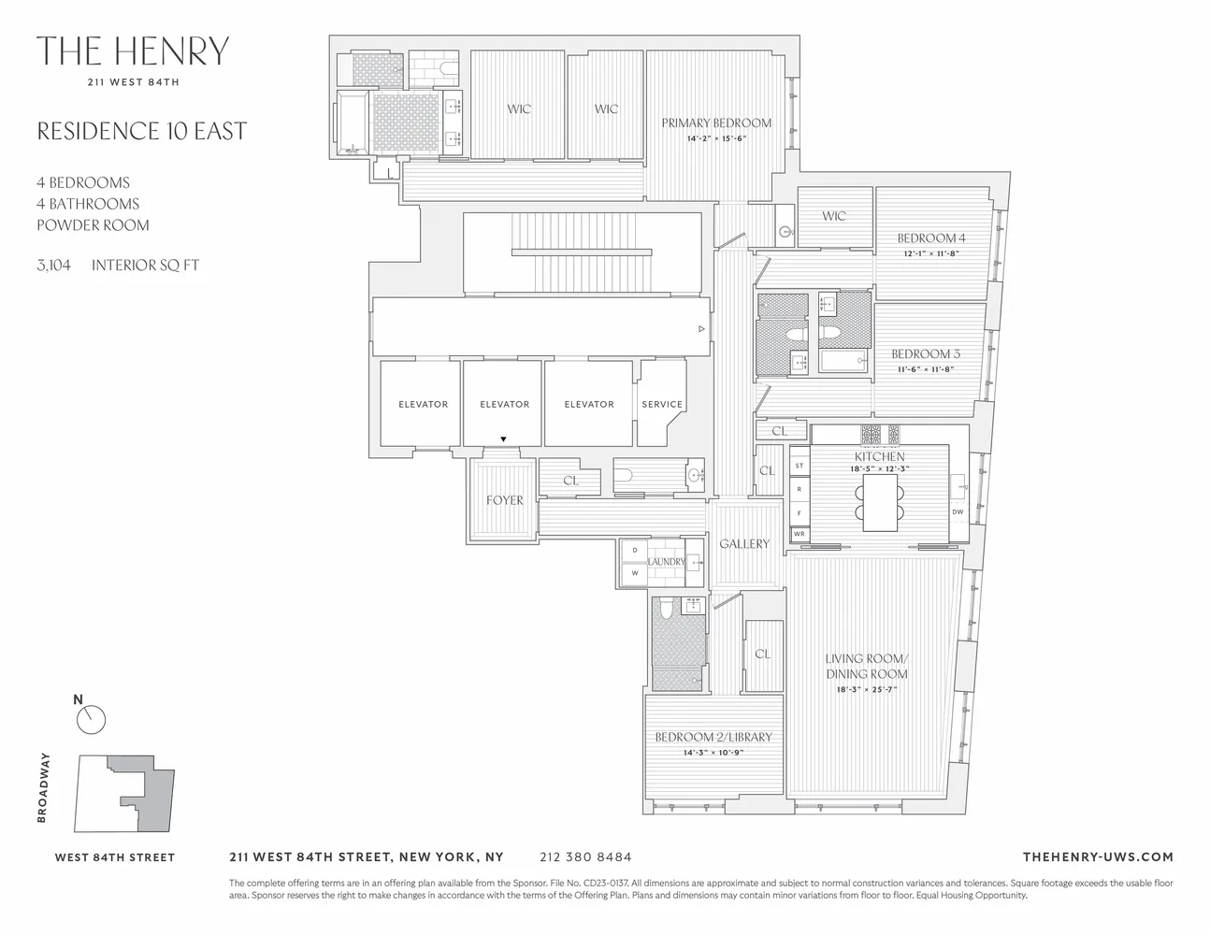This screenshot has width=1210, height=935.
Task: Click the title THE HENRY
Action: click(132, 51)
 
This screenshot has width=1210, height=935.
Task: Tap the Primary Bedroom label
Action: click(716, 122)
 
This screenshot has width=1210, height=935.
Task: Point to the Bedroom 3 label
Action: click(925, 354)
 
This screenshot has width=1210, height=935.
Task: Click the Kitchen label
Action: click(879, 456)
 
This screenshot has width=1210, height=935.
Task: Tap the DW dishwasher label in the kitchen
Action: click(958, 511)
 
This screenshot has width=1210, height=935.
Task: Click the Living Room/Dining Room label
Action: click(866, 666)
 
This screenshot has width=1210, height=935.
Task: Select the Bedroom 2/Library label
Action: click(713, 737)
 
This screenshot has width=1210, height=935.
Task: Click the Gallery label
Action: click(744, 543)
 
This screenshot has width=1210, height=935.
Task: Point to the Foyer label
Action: click(504, 500)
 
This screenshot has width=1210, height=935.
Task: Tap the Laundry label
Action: click(666, 562)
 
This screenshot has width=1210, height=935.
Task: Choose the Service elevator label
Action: click(662, 404)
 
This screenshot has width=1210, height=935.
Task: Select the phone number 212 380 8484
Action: click(585, 856)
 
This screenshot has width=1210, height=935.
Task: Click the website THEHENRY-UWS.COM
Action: click(1097, 856)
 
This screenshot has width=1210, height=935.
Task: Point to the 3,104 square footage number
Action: click(53, 266)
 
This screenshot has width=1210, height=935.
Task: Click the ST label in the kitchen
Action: click(799, 466)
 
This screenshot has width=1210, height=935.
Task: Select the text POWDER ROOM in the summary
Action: click(93, 225)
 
